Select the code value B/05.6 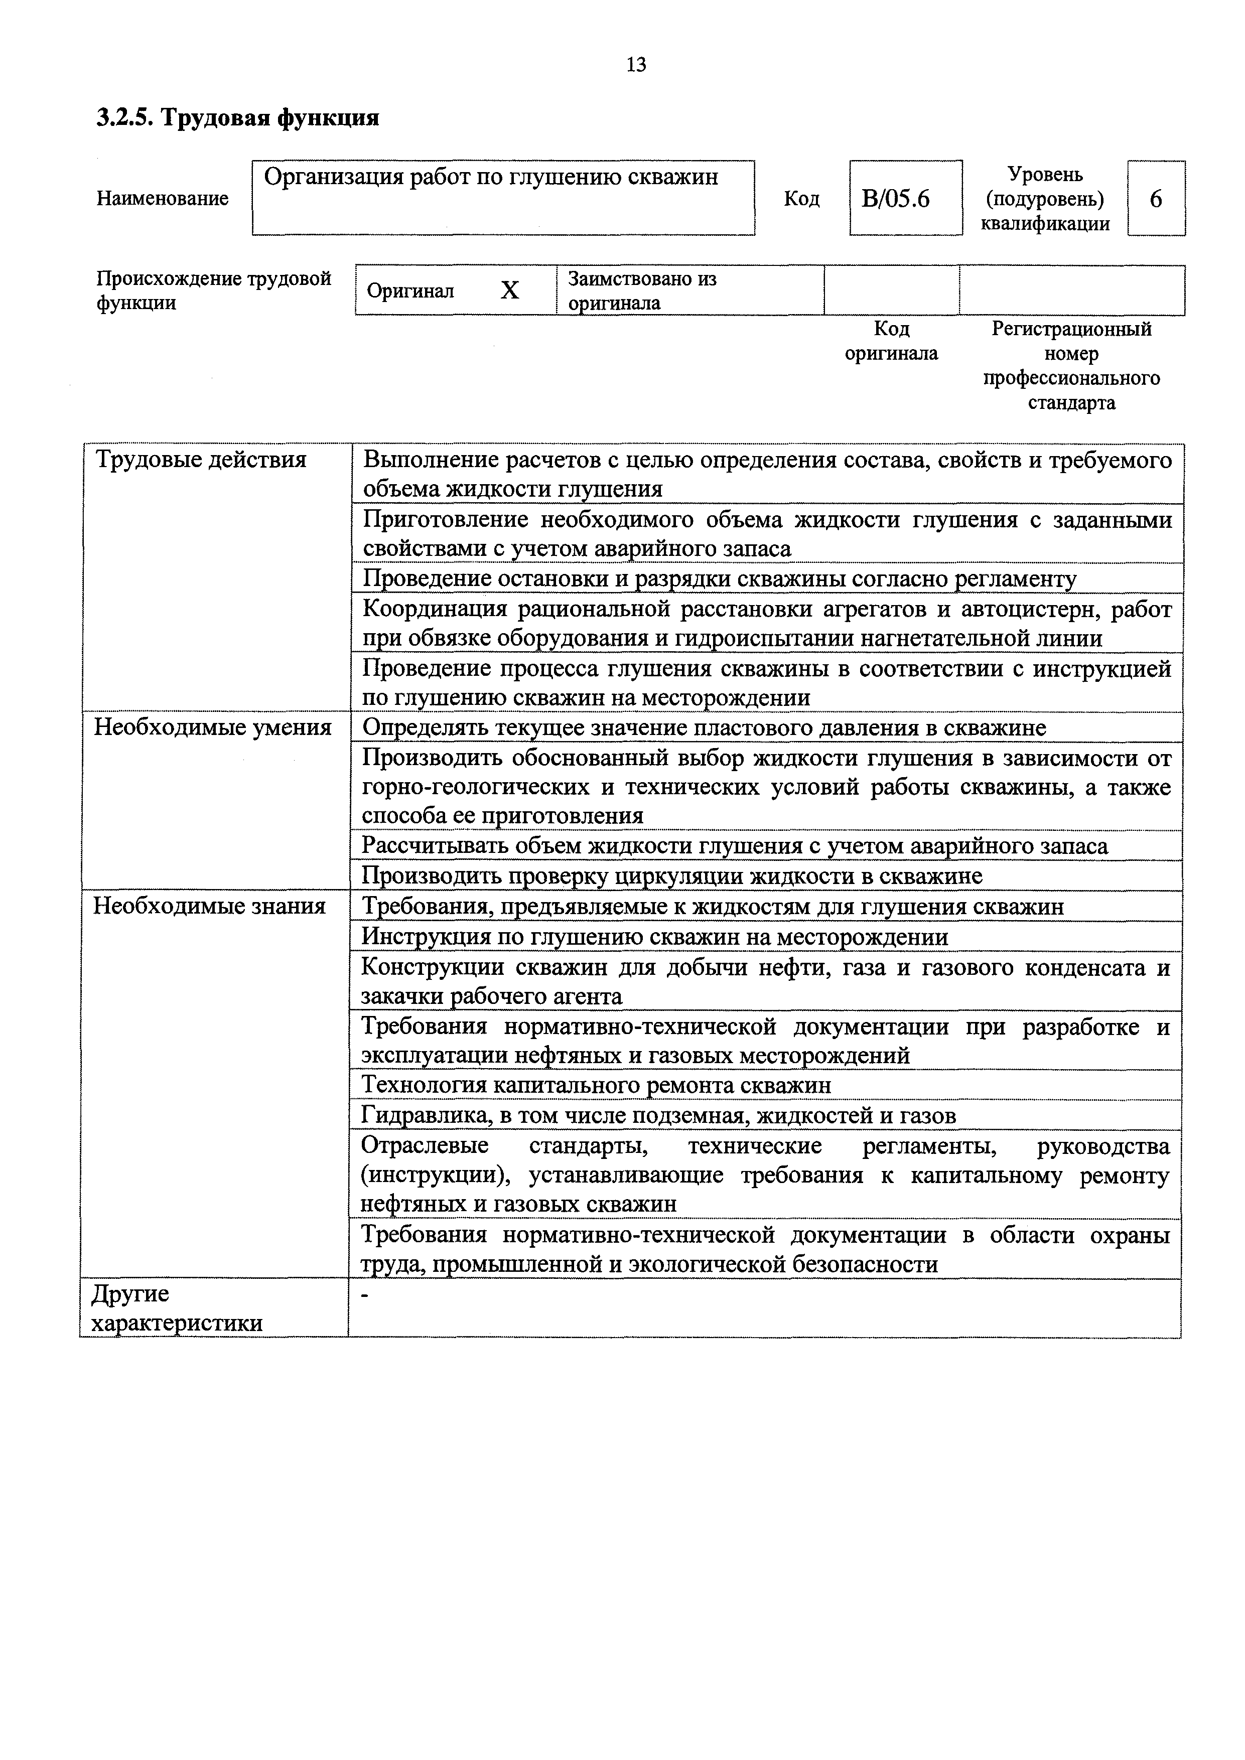pyautogui.click(x=895, y=199)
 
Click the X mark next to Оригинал pyautogui.click(x=510, y=290)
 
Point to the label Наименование pyautogui.click(x=163, y=199)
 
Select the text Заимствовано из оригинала pyautogui.click(x=642, y=290)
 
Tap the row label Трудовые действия pyautogui.click(x=200, y=460)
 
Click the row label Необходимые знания pyautogui.click(x=209, y=907)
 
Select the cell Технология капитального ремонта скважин pyautogui.click(x=596, y=1085)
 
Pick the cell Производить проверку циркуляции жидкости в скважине pyautogui.click(x=671, y=876)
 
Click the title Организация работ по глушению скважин pyautogui.click(x=491, y=178)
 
